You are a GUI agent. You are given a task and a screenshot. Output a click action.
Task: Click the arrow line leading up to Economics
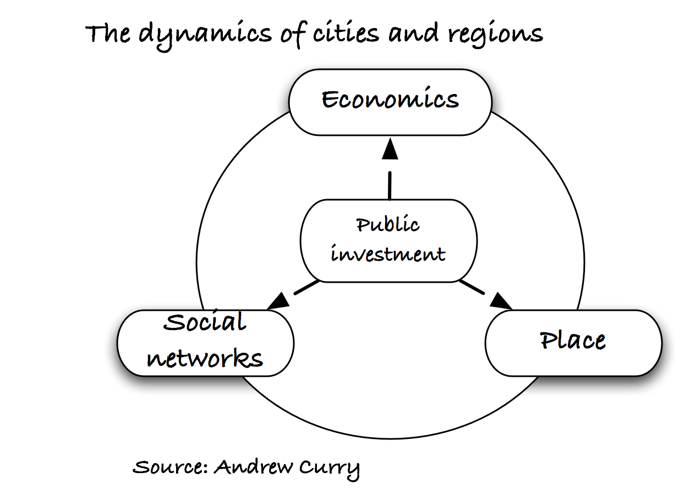(390, 185)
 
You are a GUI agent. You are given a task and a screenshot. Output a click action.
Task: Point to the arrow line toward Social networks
(307, 288)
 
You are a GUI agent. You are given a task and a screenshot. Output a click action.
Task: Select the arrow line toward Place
(471, 287)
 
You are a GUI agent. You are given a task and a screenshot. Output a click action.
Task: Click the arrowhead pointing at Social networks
(280, 301)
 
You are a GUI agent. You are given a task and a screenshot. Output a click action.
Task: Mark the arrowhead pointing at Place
(500, 301)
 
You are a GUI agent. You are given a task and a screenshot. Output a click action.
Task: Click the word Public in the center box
(387, 224)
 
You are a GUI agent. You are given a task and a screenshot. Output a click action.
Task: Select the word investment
(388, 254)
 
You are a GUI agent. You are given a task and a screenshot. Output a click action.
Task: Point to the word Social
(205, 322)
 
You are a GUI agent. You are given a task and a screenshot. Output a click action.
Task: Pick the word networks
(205, 358)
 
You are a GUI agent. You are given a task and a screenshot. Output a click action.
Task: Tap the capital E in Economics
(329, 100)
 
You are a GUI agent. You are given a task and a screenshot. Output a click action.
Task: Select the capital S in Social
(173, 322)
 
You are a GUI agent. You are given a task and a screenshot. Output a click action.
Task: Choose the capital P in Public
(363, 225)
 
